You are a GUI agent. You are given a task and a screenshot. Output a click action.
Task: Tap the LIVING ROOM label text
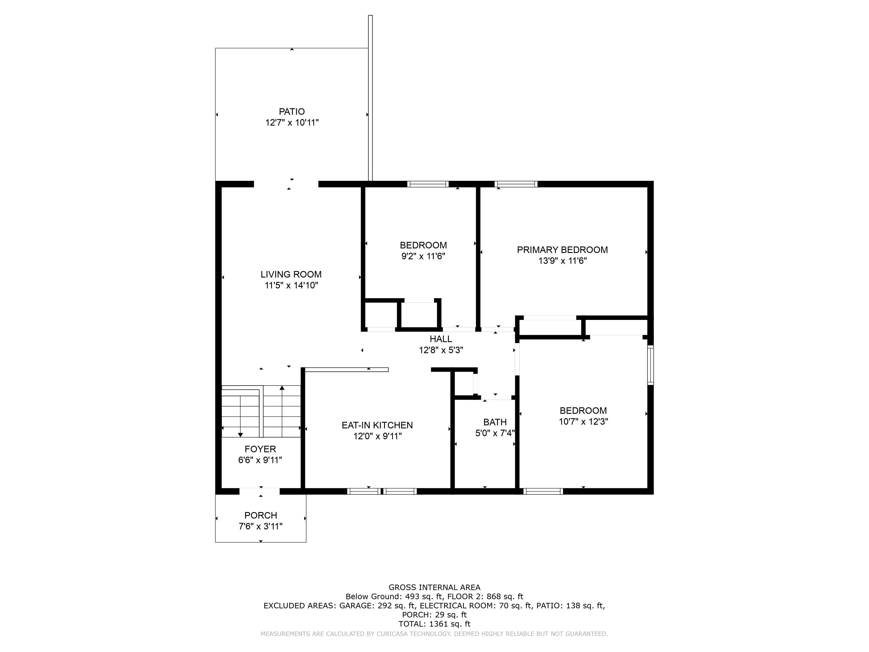(291, 274)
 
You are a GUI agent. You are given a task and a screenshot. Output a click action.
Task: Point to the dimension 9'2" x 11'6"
(423, 256)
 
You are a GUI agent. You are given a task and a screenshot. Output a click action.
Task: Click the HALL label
(441, 339)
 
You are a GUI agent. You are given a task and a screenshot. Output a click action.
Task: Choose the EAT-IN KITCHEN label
(377, 425)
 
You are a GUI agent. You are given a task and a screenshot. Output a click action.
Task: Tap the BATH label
(495, 422)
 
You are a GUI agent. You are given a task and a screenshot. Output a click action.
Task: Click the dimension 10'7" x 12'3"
(583, 422)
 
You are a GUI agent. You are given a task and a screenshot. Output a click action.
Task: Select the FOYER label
(260, 449)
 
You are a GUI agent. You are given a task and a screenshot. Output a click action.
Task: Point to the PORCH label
(260, 515)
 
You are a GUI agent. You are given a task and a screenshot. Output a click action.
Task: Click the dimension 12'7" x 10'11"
(292, 123)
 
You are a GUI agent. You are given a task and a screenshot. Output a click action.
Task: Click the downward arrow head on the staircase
(240, 435)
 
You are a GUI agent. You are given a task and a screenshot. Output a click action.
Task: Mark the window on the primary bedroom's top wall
(516, 184)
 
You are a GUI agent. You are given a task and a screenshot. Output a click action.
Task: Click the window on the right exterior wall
(651, 365)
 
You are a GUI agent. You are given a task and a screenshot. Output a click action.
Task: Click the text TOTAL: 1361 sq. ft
(434, 624)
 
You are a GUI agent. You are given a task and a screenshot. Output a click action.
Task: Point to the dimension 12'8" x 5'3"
(441, 350)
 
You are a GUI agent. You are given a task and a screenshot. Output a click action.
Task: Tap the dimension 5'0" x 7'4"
(495, 433)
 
